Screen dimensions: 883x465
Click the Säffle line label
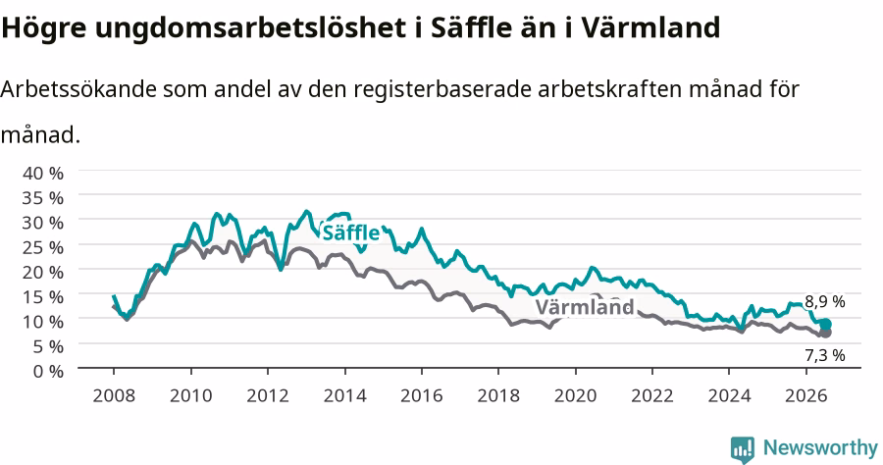coord(350,232)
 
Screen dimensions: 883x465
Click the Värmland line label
coord(585,307)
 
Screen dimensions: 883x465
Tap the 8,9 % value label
coord(824,302)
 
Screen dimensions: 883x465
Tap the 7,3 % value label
coord(824,355)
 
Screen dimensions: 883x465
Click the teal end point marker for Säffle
coord(825,325)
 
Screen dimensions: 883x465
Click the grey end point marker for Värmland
coord(825,333)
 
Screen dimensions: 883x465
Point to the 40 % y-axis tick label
coord(43,173)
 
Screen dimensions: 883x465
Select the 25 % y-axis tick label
coord(43,247)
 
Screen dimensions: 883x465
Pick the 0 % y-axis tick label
coord(48,371)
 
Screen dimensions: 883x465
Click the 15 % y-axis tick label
coord(43,296)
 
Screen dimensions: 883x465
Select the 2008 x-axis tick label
coord(114,395)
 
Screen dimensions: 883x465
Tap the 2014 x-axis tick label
coord(344,395)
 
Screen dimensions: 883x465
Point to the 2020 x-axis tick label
coord(576,395)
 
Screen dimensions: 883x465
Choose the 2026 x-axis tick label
coord(806,395)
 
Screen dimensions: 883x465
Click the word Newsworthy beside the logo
coord(820,448)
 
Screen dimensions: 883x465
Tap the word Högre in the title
coord(44,28)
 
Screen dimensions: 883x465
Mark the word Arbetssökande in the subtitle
coord(78,89)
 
